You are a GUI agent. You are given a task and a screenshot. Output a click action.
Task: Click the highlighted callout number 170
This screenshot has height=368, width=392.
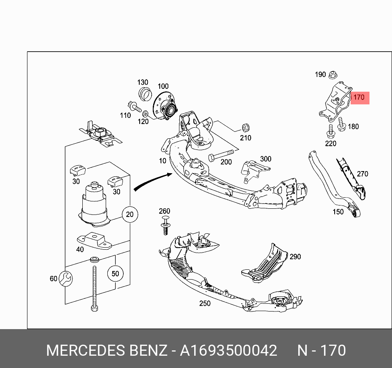[x=359, y=97]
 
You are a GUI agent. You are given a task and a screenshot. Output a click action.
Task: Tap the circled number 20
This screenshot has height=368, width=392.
[x=130, y=214]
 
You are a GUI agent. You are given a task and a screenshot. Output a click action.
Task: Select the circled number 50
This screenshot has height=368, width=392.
[x=115, y=273]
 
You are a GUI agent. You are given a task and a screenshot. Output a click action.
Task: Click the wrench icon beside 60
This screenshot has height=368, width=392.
[x=66, y=279]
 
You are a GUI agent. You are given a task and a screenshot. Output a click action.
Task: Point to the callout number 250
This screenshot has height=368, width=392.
[x=204, y=303]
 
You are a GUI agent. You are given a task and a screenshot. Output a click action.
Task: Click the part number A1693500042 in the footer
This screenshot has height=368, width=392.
[x=229, y=351]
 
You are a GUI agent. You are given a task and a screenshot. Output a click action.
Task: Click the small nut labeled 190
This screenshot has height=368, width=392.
[x=333, y=75]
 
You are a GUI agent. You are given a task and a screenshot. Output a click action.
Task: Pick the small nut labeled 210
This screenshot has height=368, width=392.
[x=246, y=126]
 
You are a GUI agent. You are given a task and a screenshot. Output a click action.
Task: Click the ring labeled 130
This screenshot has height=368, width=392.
[x=143, y=93]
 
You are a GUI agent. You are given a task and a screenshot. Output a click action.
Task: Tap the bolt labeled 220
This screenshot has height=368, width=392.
[x=330, y=132]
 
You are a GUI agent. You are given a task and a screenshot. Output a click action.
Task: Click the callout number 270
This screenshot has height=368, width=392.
[x=362, y=174]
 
